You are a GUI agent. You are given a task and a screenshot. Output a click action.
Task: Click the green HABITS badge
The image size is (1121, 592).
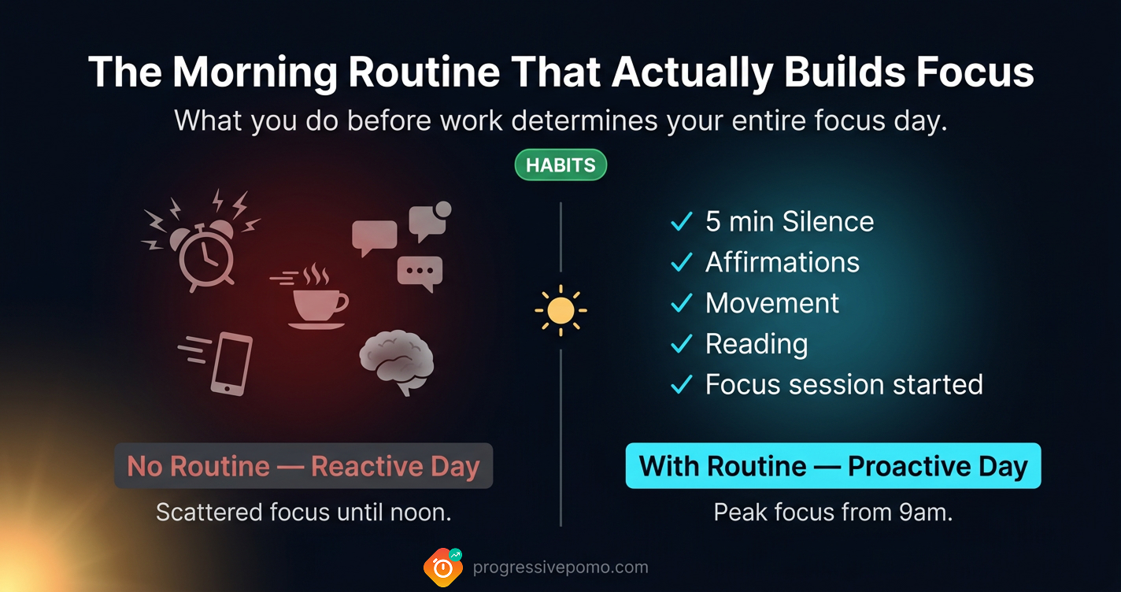tap(560, 165)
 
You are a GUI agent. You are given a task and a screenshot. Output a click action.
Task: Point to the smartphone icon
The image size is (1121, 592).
tap(231, 363)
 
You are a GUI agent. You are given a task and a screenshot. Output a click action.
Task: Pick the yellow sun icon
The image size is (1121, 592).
tap(560, 310)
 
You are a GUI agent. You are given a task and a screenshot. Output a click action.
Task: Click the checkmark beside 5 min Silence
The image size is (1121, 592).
tap(681, 223)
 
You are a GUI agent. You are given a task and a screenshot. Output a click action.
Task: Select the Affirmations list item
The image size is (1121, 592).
tap(782, 262)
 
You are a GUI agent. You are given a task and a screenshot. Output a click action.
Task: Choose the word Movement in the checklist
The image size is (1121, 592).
tap(772, 303)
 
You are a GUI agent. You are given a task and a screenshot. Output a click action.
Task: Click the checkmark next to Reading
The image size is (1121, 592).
tap(681, 345)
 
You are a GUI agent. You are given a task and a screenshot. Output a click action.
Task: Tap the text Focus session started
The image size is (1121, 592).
tap(844, 384)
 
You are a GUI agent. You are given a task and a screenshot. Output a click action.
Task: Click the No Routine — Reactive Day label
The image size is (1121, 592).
tap(303, 466)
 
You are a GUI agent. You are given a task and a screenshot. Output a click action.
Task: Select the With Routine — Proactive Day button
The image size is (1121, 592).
tap(833, 466)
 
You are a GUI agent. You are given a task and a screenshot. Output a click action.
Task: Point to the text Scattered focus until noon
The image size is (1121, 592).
tap(303, 512)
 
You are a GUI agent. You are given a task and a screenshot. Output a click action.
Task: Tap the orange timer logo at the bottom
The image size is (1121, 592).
tap(442, 568)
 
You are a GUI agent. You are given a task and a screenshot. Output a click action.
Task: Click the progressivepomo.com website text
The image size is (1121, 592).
tap(560, 568)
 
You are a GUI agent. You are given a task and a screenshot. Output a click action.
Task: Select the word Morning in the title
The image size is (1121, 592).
tap(256, 73)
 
